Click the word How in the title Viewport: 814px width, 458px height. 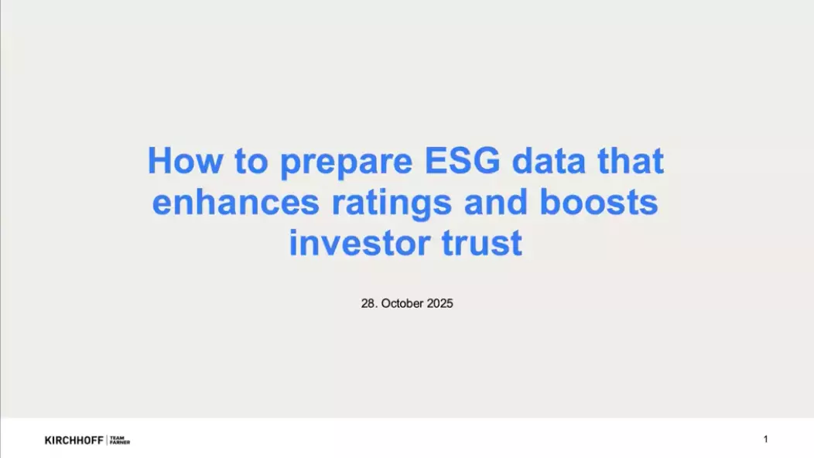click(x=186, y=161)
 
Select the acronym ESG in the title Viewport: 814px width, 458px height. click(x=463, y=161)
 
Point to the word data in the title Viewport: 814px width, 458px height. click(x=549, y=161)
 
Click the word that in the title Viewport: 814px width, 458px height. click(x=631, y=161)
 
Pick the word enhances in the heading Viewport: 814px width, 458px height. click(x=236, y=202)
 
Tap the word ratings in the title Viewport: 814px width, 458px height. click(x=392, y=204)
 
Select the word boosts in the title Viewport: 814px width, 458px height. click(x=599, y=202)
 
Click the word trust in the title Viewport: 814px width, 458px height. click(x=482, y=243)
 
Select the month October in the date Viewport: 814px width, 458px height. click(x=402, y=303)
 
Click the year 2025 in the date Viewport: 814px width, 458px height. click(x=440, y=303)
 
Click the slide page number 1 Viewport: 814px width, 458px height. click(x=766, y=439)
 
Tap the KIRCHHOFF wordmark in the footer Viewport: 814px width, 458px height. click(x=74, y=440)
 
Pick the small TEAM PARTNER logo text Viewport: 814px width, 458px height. click(x=120, y=440)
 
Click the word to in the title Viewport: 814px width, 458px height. click(x=251, y=161)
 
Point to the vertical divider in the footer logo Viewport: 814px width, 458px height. click(x=107, y=440)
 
